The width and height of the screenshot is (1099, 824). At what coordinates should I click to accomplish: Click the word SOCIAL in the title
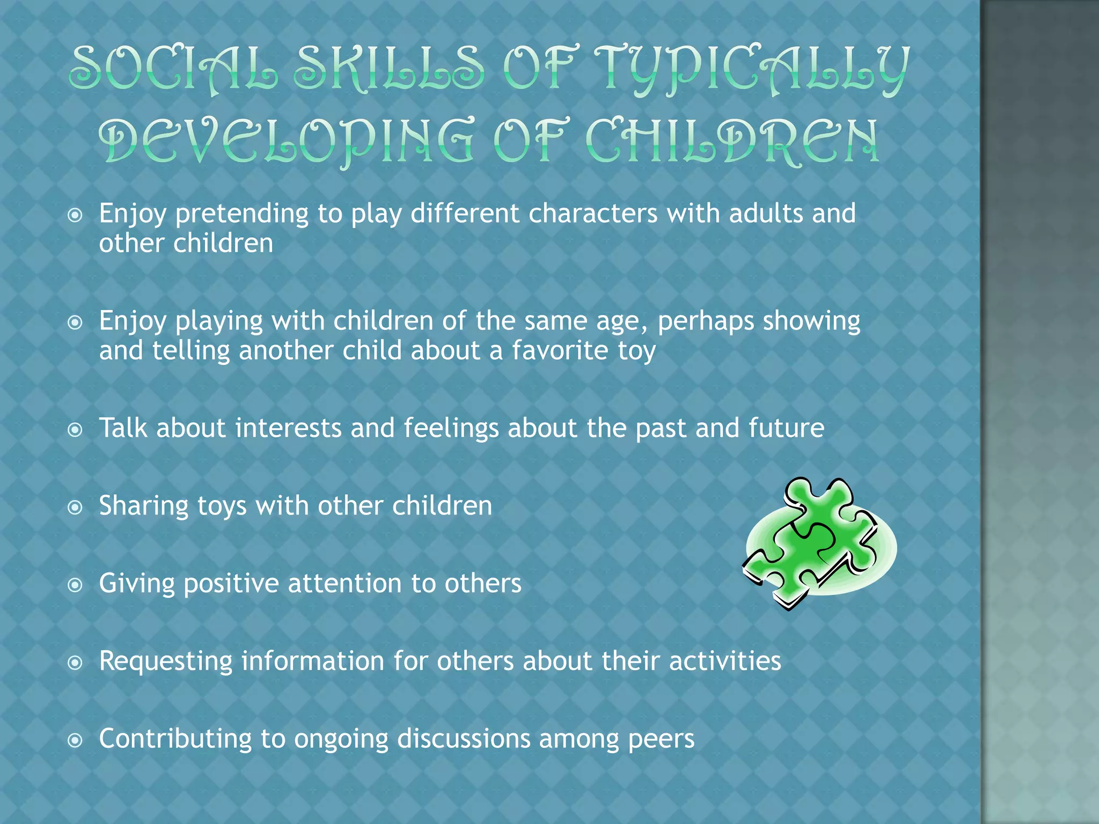(173, 69)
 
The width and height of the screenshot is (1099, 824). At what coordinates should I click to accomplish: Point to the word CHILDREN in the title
(732, 141)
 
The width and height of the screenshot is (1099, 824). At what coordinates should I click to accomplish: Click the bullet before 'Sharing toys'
(76, 507)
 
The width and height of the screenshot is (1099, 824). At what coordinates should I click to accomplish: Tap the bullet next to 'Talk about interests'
(76, 430)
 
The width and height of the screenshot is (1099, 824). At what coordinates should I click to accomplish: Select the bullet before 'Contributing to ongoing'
(76, 741)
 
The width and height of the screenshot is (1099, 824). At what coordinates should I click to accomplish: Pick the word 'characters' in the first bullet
(592, 214)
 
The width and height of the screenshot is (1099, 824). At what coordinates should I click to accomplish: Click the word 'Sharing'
(143, 506)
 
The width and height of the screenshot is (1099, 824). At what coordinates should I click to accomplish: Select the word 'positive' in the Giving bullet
(231, 584)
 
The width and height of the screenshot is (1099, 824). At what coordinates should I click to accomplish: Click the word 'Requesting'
(166, 661)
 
